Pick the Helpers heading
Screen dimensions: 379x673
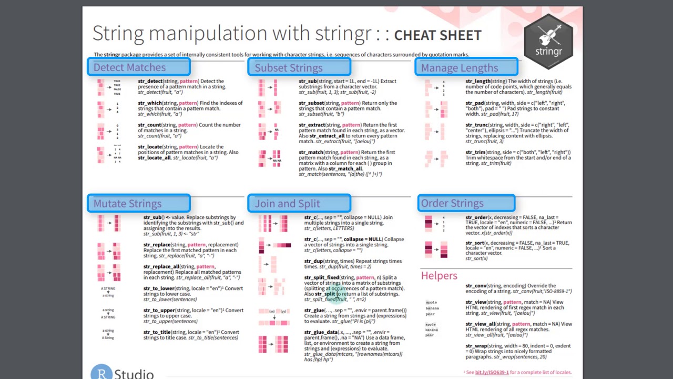[439, 276]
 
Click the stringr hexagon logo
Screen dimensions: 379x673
[548, 42]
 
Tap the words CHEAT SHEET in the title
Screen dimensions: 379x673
[437, 35]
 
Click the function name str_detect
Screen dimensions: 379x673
[150, 81]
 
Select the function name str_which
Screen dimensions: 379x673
[149, 103]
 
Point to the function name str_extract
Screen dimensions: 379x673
[311, 125]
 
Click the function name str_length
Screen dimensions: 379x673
[477, 81]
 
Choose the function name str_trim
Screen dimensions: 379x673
[475, 152]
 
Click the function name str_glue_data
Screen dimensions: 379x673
[321, 332]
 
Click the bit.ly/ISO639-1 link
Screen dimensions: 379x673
[492, 372]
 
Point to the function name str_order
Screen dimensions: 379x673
[476, 217]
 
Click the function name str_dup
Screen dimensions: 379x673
[313, 261]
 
